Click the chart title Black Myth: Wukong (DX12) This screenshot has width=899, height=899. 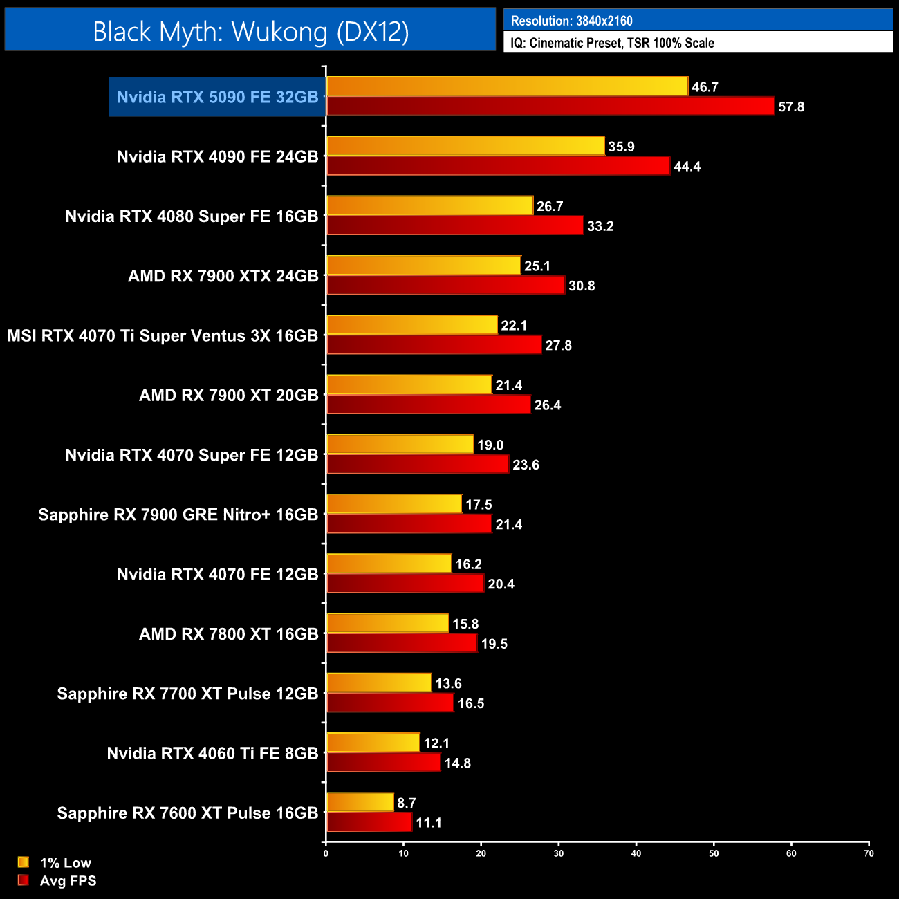click(250, 31)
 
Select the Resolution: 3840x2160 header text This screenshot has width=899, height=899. click(571, 21)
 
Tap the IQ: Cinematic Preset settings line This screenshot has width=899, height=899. click(612, 43)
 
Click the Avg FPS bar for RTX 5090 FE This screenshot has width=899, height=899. click(550, 106)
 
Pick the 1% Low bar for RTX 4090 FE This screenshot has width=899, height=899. click(465, 146)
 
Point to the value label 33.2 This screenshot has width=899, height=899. click(600, 226)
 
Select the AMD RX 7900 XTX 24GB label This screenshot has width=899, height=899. click(223, 276)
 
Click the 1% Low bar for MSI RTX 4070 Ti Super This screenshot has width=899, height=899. click(411, 325)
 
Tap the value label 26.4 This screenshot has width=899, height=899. click(548, 405)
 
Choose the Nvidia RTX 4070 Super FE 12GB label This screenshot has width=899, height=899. click(192, 455)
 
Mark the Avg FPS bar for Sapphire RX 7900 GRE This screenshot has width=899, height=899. click(409, 524)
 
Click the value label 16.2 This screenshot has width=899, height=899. click(468, 564)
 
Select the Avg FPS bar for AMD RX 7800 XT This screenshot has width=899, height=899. click(401, 644)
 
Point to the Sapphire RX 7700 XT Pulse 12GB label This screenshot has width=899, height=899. click(187, 694)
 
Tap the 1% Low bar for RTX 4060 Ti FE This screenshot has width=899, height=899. click(373, 743)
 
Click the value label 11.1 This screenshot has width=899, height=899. click(429, 823)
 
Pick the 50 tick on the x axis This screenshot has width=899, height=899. click(714, 853)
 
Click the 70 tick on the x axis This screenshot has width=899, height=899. click(869, 853)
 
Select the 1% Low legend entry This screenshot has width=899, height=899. click(65, 862)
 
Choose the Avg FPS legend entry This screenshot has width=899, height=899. click(68, 881)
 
